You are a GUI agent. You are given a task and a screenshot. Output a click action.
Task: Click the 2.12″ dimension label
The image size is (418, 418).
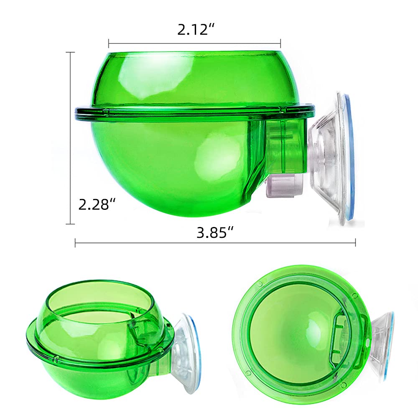coord(196,29)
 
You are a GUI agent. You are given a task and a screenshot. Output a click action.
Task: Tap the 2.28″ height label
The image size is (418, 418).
coord(97,204)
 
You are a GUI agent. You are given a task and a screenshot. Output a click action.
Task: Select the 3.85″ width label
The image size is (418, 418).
coord(215,233)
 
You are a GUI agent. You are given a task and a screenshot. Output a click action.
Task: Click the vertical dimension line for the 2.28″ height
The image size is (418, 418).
coord(70,138)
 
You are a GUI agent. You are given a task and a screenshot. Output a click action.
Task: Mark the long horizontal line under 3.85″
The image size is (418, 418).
coord(215,243)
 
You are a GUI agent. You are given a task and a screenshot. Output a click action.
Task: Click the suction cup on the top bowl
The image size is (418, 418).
coord(331,157)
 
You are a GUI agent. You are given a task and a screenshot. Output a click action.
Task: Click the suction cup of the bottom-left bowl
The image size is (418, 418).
coord(184,347)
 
